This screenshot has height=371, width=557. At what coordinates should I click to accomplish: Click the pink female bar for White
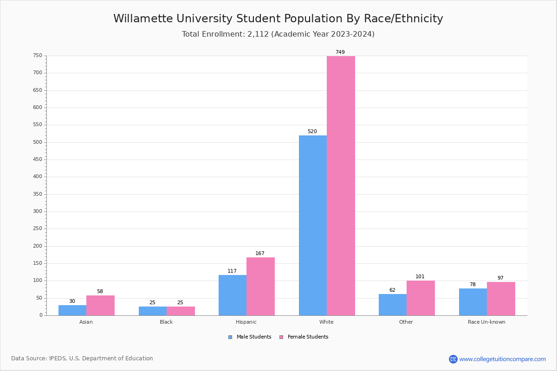tap(341, 185)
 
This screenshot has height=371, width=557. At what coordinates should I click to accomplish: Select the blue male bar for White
tap(313, 225)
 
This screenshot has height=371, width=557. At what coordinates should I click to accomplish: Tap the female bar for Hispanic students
tap(260, 286)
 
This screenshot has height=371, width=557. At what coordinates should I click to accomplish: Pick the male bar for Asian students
tap(72, 310)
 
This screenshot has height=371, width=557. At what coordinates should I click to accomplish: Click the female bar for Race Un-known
tap(501, 299)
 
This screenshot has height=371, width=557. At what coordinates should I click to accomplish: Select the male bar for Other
tap(393, 305)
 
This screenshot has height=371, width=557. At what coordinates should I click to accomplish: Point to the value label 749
tap(340, 52)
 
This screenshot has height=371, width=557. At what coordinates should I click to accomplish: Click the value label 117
tap(232, 271)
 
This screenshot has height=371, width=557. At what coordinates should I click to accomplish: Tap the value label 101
tap(420, 277)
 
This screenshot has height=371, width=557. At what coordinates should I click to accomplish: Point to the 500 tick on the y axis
tap(37, 142)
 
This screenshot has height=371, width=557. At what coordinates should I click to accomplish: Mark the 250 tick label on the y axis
tap(37, 229)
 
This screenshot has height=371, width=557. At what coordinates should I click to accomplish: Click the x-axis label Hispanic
tap(246, 322)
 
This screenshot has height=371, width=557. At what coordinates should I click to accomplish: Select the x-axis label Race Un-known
tap(486, 322)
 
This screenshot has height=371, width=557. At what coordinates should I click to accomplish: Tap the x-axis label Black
tap(166, 322)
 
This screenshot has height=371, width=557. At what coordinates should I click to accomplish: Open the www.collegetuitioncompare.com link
tap(502, 359)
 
